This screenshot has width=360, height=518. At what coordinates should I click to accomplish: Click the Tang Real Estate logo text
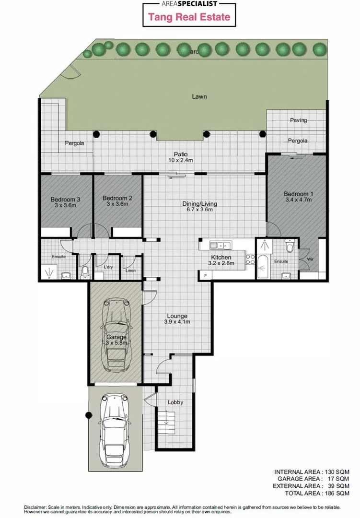click(x=189, y=17)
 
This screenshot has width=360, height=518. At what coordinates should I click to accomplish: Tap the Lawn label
click(x=199, y=96)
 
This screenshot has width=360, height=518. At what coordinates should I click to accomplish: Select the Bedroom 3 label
click(x=65, y=199)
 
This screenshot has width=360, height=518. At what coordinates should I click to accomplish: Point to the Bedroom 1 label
click(x=299, y=194)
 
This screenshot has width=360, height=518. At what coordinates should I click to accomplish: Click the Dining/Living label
click(x=199, y=203)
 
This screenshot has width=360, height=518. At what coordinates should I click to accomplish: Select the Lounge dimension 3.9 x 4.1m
click(x=177, y=322)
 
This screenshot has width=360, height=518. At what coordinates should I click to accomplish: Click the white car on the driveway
click(x=115, y=432)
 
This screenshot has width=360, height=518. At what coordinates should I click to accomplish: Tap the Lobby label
click(x=175, y=402)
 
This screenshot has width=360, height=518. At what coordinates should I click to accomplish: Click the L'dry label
click(x=108, y=267)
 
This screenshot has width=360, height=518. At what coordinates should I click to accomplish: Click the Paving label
click(x=298, y=120)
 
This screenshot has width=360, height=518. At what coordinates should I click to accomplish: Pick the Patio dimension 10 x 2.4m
click(x=180, y=160)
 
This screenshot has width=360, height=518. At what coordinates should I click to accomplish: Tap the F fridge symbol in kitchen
click(x=205, y=275)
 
